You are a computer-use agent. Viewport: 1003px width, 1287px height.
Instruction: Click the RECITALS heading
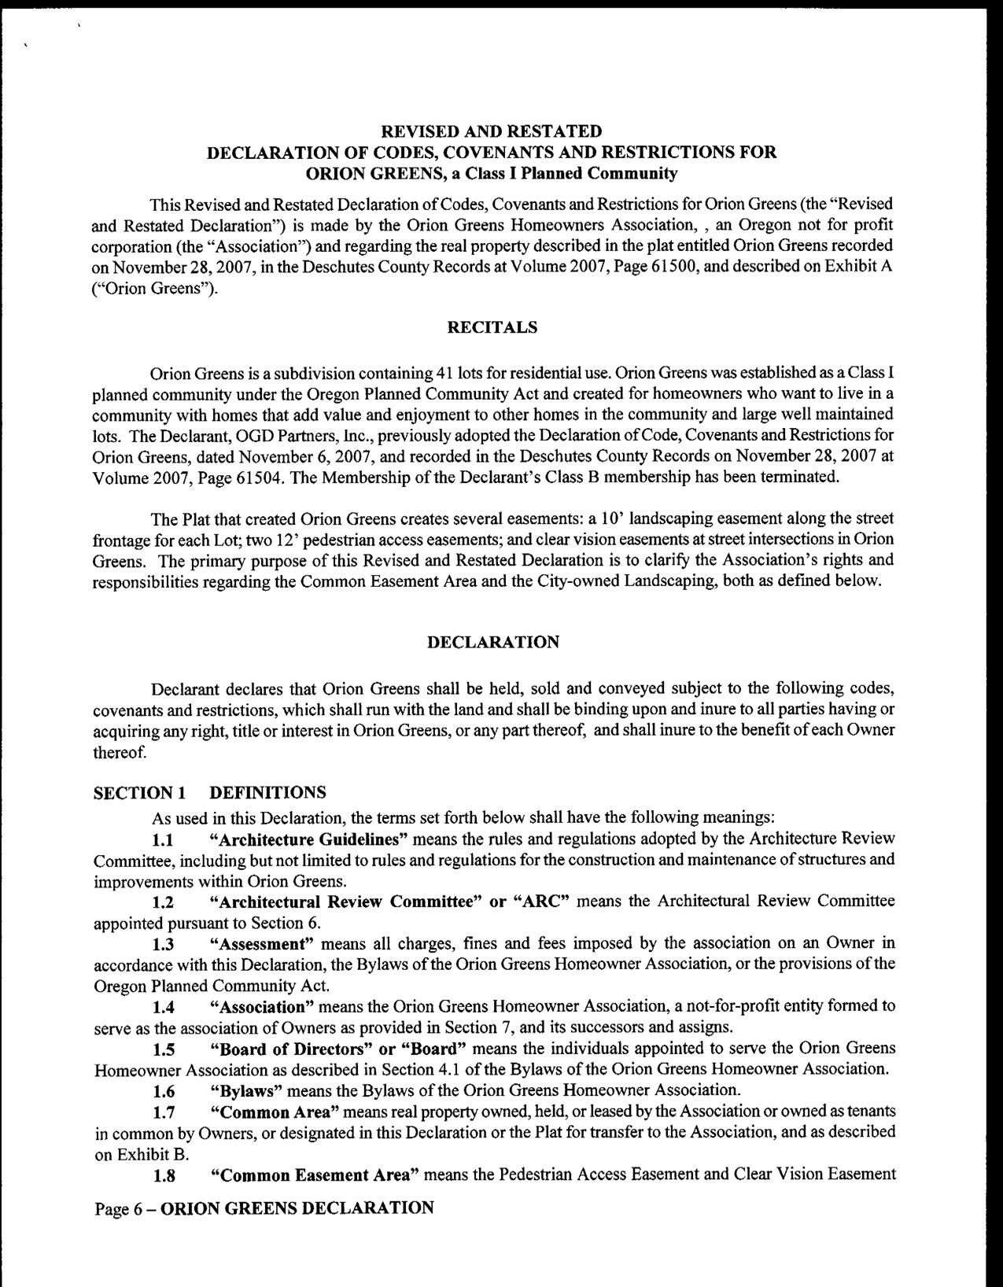point(492,328)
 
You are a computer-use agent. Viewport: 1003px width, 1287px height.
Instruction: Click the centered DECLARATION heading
point(493,642)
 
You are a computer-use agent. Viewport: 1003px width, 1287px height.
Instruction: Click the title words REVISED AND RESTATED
point(492,131)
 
